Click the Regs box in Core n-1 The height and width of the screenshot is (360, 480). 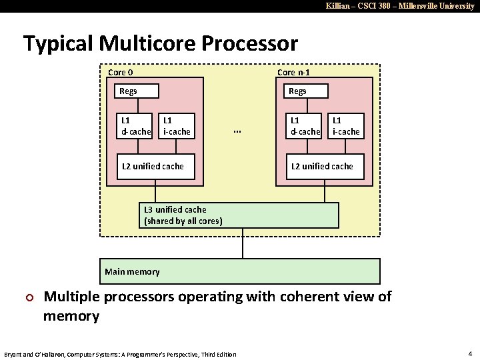(x=307, y=91)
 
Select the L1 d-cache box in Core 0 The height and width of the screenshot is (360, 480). (x=135, y=126)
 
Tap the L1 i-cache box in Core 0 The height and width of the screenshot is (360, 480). (x=177, y=126)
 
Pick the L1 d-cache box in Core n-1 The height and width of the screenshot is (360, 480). (x=305, y=126)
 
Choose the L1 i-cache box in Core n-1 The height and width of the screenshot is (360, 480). (x=347, y=126)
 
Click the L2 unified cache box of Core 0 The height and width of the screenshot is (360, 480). (x=155, y=166)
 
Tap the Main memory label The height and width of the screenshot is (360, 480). (x=133, y=271)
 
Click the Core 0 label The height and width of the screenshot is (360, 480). (x=120, y=72)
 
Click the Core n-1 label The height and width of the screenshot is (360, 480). (x=293, y=72)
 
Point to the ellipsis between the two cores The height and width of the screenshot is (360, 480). (x=237, y=131)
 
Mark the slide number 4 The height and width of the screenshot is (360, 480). (x=470, y=353)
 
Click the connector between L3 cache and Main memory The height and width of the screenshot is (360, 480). (x=242, y=243)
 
